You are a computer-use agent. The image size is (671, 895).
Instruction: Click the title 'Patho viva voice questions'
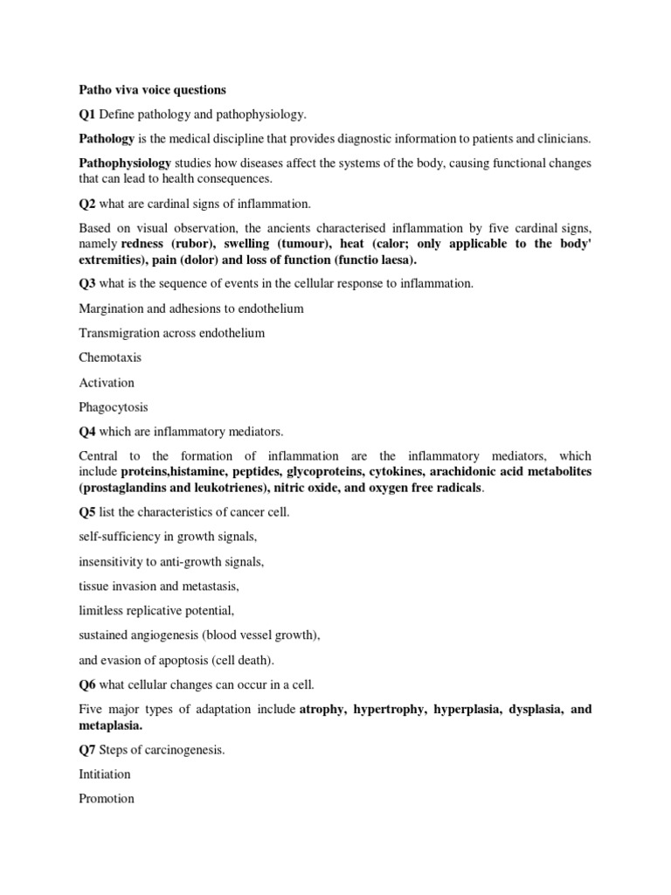[152, 90]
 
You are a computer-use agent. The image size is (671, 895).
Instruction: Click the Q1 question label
[87, 114]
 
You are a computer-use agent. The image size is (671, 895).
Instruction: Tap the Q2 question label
[87, 204]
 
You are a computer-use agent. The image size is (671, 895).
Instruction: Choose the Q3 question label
[87, 284]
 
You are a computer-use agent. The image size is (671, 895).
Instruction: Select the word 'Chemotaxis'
[110, 357]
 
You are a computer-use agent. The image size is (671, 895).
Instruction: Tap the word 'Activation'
[107, 382]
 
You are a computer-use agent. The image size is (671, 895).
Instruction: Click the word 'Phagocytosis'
[114, 406]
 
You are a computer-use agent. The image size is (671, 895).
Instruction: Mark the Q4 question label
[87, 431]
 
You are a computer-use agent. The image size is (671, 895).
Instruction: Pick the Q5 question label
[87, 511]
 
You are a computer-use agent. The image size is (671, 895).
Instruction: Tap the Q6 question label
[87, 684]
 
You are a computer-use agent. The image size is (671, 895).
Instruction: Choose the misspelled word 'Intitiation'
[105, 774]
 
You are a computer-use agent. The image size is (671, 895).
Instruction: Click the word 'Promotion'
[107, 798]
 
